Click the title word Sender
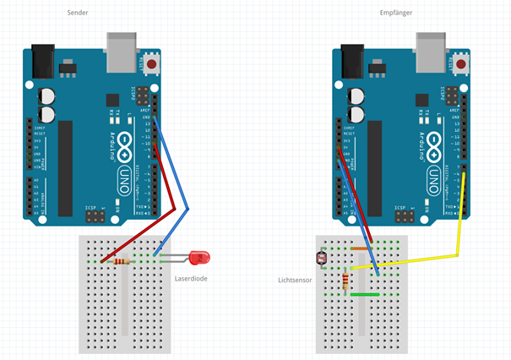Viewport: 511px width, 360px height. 79,13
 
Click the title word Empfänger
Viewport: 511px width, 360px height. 396,13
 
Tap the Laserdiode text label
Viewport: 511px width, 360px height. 192,278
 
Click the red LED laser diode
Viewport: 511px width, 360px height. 200,256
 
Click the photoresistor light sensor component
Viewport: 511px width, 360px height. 320,256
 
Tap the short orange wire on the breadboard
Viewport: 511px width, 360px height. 360,249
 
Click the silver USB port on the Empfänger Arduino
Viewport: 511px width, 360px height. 435,52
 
